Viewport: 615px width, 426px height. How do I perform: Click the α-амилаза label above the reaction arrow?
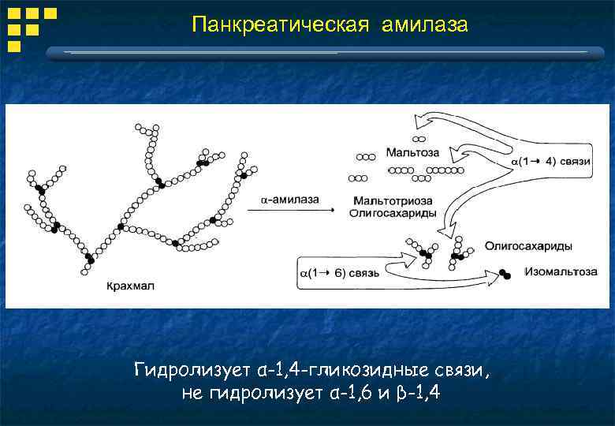click(289, 200)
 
